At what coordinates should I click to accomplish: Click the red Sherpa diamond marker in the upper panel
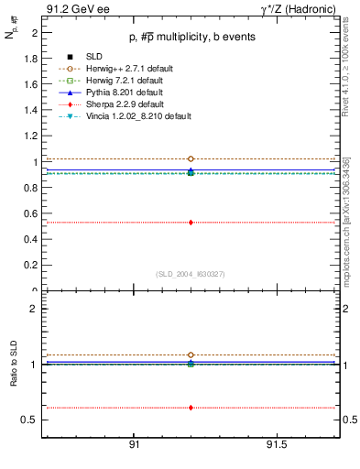(191, 222)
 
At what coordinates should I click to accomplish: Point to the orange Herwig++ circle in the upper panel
(191, 158)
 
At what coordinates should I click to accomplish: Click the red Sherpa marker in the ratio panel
(191, 408)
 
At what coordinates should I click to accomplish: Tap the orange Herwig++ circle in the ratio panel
(191, 354)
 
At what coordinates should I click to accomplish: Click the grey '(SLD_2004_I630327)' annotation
(191, 274)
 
